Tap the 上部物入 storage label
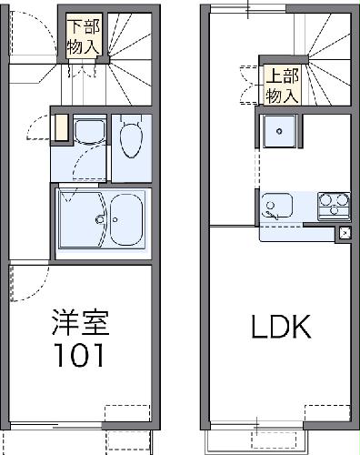pos(279,84)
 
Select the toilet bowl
pos(129,138)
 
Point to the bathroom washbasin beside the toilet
pos(89,133)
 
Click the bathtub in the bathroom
pos(103,219)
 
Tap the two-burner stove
pos(334,204)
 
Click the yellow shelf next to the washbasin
pos(61,126)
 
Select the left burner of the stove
pos(326,200)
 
